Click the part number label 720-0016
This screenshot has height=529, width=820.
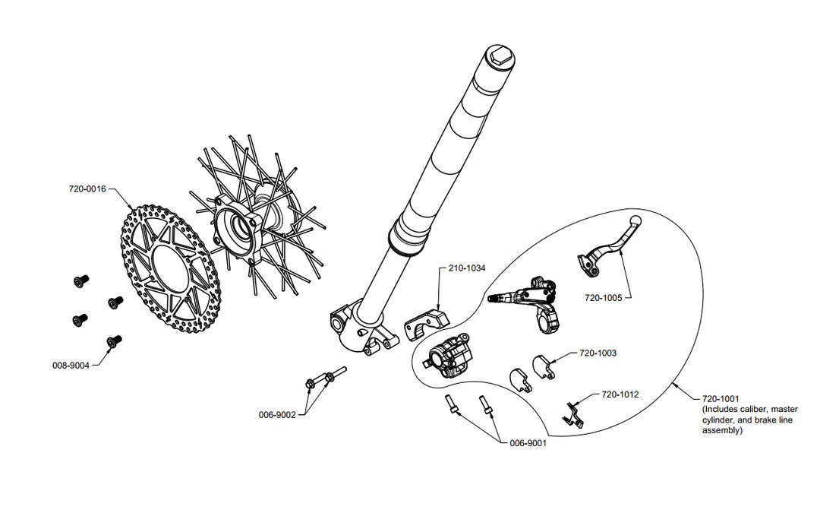[x=87, y=189]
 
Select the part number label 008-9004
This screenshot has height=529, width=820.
[x=71, y=366]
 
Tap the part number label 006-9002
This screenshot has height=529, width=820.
[x=277, y=415]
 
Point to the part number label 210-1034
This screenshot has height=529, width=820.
[x=467, y=268]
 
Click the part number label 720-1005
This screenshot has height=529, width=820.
[x=604, y=298]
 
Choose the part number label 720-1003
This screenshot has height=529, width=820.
[x=598, y=353]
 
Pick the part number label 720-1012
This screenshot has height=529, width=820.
[x=620, y=394]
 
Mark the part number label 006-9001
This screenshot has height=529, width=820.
[x=528, y=443]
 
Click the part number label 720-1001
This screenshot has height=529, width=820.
[x=721, y=399]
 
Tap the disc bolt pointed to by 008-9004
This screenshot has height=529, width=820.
[x=114, y=342]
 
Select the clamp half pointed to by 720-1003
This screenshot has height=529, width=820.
[x=544, y=366]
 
